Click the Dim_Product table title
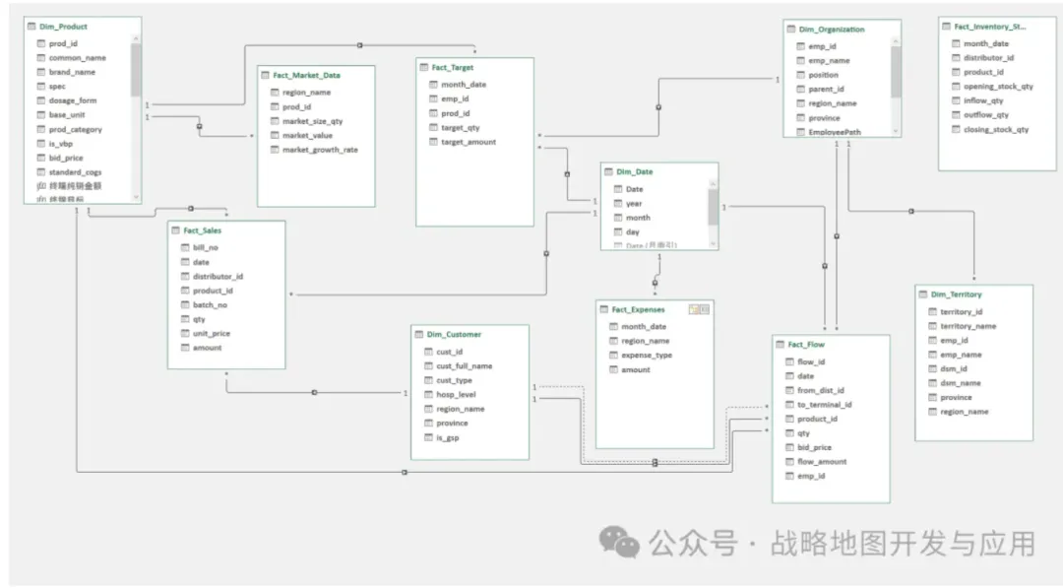click(63, 27)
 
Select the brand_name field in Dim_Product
click(72, 72)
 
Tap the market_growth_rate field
click(320, 150)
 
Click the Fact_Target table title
click(452, 68)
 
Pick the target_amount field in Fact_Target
click(468, 142)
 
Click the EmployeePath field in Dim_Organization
click(834, 132)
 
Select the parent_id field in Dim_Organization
click(826, 89)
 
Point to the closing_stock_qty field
click(996, 129)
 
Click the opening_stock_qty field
click(998, 87)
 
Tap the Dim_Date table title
click(634, 171)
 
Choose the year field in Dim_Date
click(634, 204)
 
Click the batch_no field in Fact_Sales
click(210, 305)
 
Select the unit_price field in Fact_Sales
click(212, 334)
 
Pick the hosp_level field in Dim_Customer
click(456, 394)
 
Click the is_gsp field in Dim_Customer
click(448, 437)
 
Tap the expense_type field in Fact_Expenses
click(647, 356)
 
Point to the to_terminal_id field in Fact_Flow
click(824, 405)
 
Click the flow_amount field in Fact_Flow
click(822, 462)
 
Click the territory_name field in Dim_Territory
click(968, 326)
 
